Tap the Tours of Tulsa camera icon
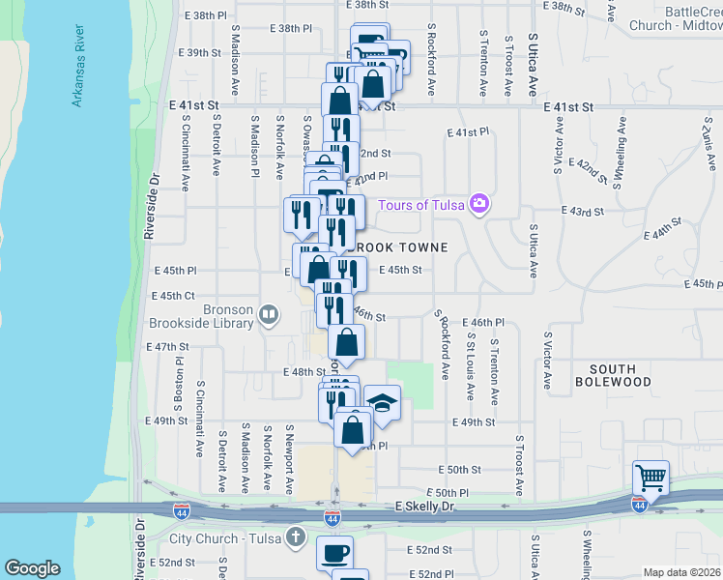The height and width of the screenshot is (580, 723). [x=478, y=204]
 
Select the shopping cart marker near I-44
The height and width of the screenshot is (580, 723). [x=651, y=477]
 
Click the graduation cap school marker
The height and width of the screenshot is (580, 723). [x=382, y=401]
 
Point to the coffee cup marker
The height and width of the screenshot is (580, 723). [x=335, y=553]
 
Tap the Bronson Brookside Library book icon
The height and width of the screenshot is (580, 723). [x=269, y=313]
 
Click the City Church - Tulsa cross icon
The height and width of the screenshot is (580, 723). [x=296, y=537]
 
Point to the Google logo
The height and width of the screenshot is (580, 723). [x=33, y=568]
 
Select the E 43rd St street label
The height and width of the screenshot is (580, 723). [x=583, y=211]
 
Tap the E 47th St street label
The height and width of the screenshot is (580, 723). [x=166, y=346]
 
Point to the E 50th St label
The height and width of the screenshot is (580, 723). [x=459, y=470]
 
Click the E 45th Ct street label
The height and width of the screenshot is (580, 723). [x=172, y=296]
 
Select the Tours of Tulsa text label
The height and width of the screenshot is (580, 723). [x=420, y=204]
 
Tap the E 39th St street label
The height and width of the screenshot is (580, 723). [x=200, y=52]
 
